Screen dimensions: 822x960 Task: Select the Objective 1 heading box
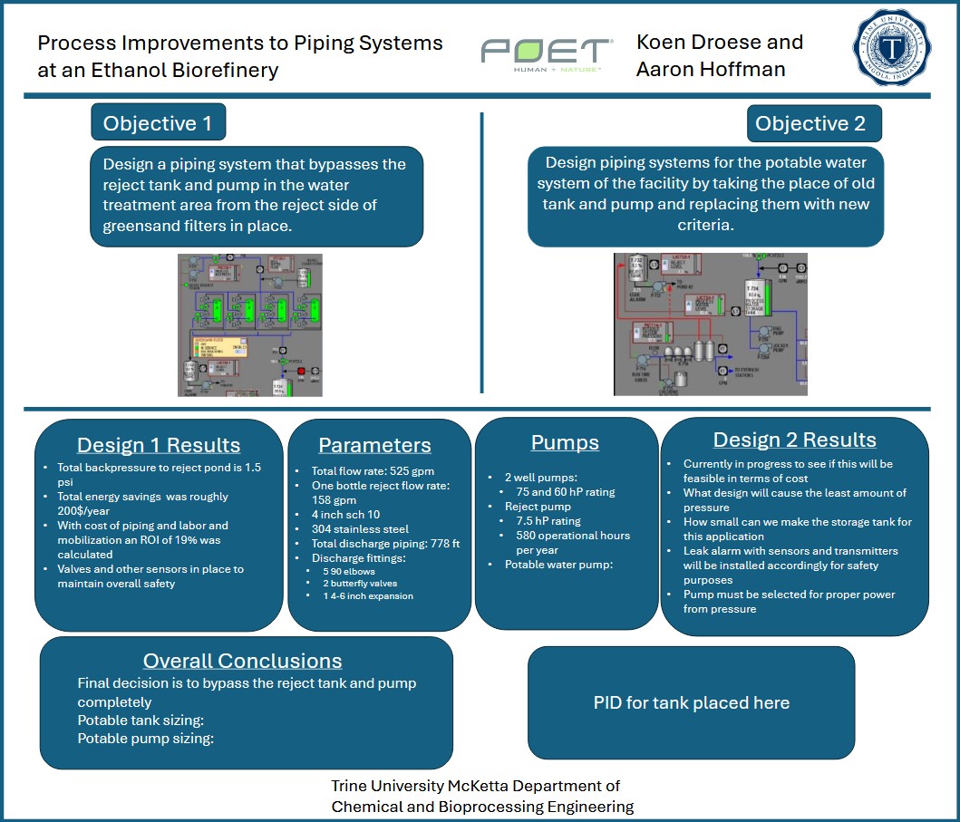[158, 123]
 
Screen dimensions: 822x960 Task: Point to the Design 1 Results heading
[159, 445]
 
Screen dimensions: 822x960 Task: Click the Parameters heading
[374, 446]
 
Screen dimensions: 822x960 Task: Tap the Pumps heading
[565, 443]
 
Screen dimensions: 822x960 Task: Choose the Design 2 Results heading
[794, 440]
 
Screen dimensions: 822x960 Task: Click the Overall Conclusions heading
[242, 661]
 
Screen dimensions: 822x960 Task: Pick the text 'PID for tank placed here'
[691, 703]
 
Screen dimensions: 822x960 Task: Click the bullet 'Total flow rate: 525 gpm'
[362, 471]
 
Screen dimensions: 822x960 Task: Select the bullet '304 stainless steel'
[360, 529]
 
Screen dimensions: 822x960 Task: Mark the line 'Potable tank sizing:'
[141, 720]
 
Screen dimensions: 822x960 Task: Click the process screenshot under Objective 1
[250, 324]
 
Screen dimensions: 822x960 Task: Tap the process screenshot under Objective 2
[710, 324]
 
